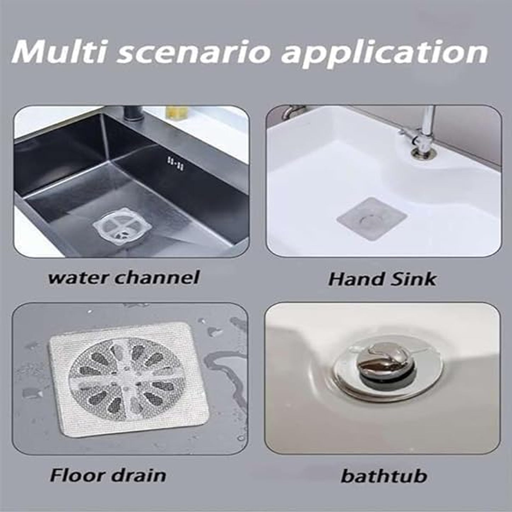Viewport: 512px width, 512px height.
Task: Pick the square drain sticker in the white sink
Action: point(372,219)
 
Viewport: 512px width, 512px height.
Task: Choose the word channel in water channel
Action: point(157,278)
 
